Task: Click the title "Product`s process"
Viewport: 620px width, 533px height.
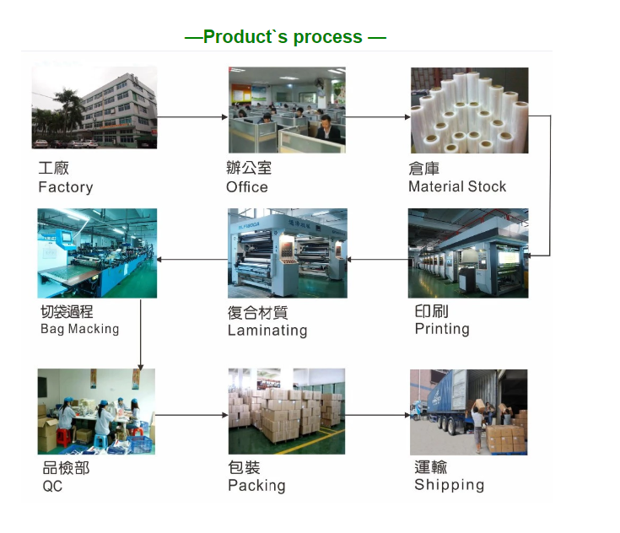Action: point(283,37)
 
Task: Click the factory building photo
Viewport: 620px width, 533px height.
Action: point(94,108)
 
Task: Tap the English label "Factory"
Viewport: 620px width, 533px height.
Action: point(66,187)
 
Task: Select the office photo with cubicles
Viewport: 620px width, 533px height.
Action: point(287,110)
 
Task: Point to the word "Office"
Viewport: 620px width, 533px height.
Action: point(247,187)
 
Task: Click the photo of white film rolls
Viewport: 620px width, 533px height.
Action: point(469,110)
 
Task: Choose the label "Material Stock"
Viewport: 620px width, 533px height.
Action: point(457,186)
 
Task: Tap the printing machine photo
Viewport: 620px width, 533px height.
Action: point(468,253)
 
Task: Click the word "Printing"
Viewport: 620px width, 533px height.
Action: point(442,329)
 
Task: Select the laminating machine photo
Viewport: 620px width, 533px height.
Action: point(288,253)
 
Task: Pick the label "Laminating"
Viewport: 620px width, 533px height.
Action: point(267,331)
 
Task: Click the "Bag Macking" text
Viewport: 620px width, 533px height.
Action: point(80,329)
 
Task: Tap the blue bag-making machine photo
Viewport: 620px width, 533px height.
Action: point(97,253)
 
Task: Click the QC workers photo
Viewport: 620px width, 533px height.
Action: point(96,412)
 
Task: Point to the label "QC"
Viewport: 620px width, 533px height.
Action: point(52,486)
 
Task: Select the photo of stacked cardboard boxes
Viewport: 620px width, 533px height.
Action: point(287,412)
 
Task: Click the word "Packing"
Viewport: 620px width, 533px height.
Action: point(256,486)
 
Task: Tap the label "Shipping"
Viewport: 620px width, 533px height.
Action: point(449,485)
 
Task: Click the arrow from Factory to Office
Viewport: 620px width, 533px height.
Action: point(192,117)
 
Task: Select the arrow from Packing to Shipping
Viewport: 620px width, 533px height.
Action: point(378,415)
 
